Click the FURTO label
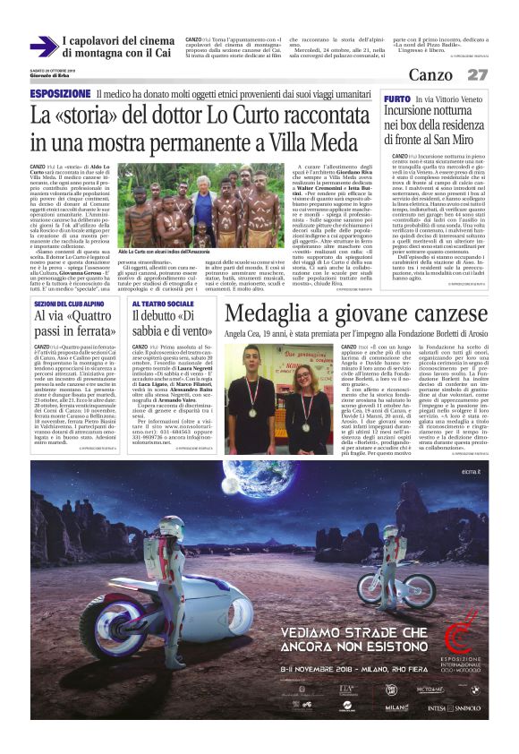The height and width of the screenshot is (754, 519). coord(397,98)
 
